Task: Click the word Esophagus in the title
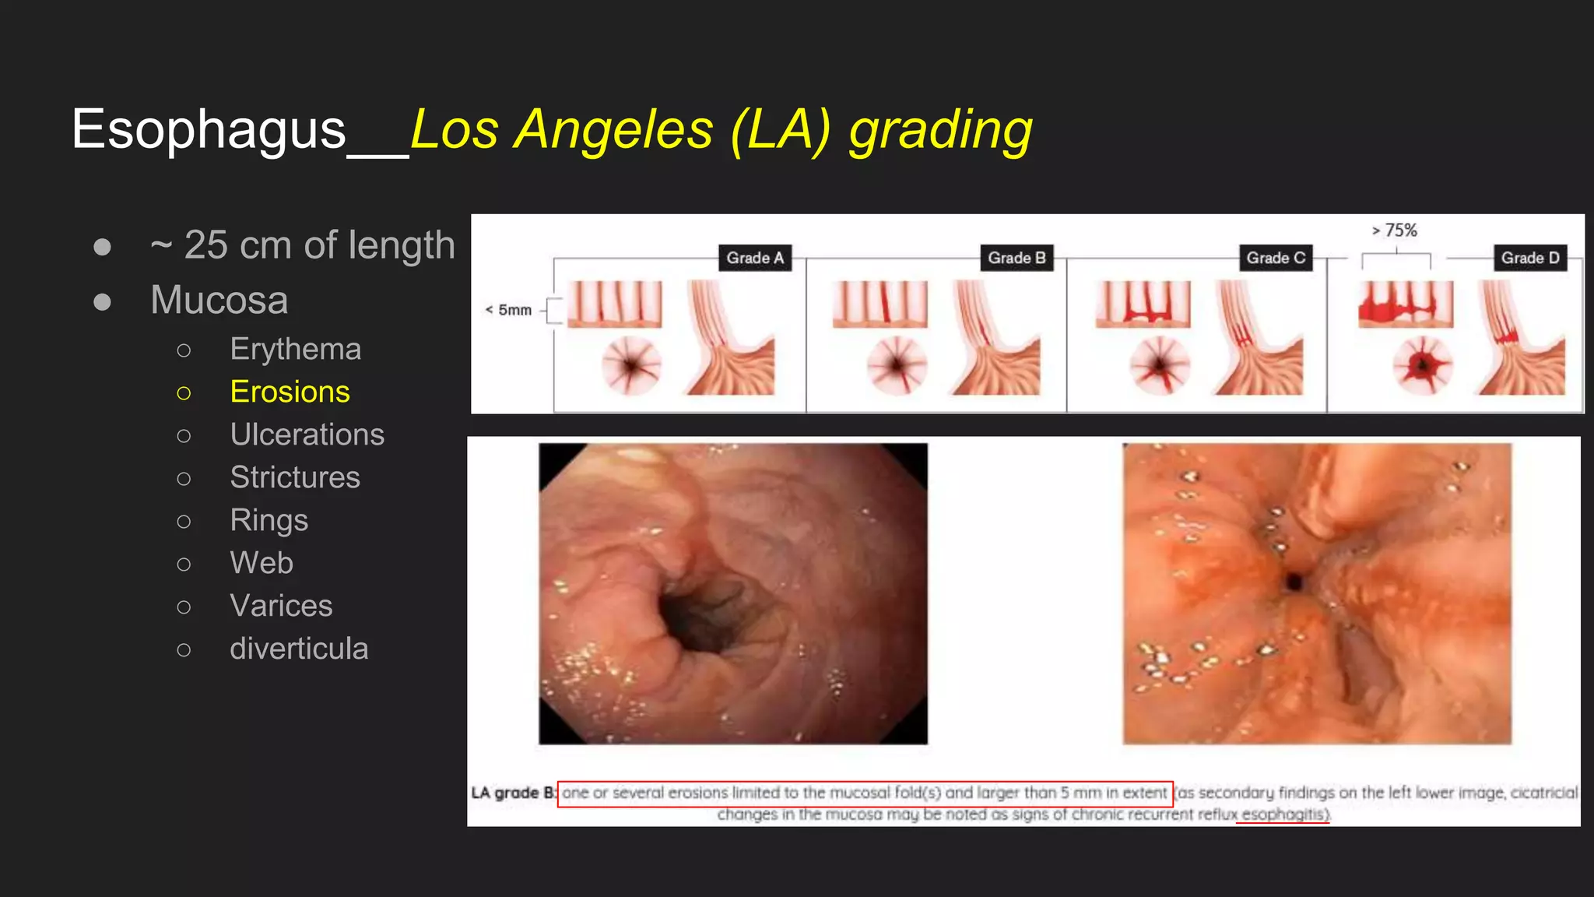point(208,129)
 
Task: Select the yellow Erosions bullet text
point(290,392)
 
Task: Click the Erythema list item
point(295,349)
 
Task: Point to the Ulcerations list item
point(307,434)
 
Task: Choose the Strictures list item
point(295,477)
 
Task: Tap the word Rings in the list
point(269,520)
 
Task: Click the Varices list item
point(281,606)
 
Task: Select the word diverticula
point(299,649)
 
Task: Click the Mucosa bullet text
point(219,300)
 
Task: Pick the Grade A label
point(754,258)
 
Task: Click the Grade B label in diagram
point(1016,258)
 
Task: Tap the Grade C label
point(1275,258)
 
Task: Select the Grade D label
point(1529,258)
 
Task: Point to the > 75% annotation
point(1395,230)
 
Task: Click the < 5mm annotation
point(508,310)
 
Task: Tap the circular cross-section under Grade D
point(1422,364)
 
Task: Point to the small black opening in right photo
point(1294,581)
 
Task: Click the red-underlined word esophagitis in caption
point(1283,814)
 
